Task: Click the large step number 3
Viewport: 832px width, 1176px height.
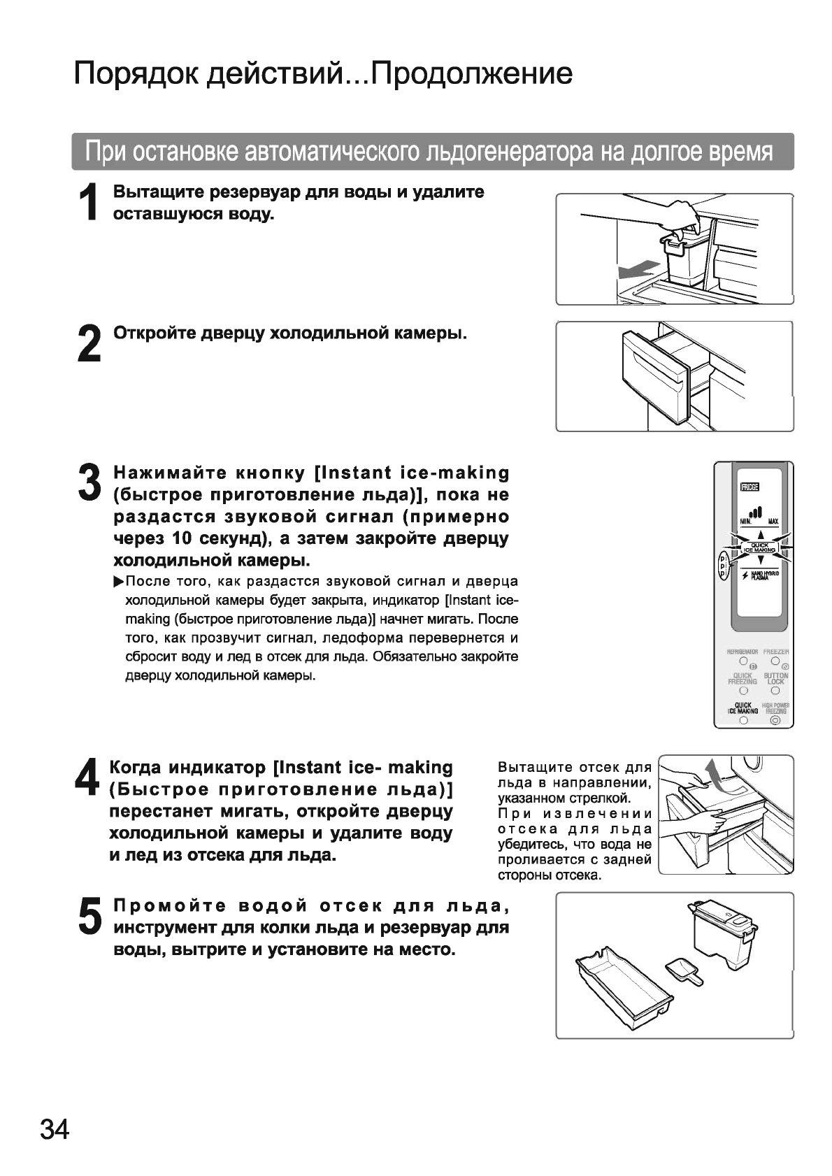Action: [x=89, y=482]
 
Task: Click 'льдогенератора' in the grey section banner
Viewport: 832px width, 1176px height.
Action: [x=512, y=152]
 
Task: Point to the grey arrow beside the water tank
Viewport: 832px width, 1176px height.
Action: [x=638, y=268]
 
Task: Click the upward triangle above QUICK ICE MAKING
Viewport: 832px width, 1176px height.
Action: [x=759, y=535]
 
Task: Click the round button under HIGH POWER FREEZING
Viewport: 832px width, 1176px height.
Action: [x=775, y=720]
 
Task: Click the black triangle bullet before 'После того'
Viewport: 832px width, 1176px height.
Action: [x=118, y=582]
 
